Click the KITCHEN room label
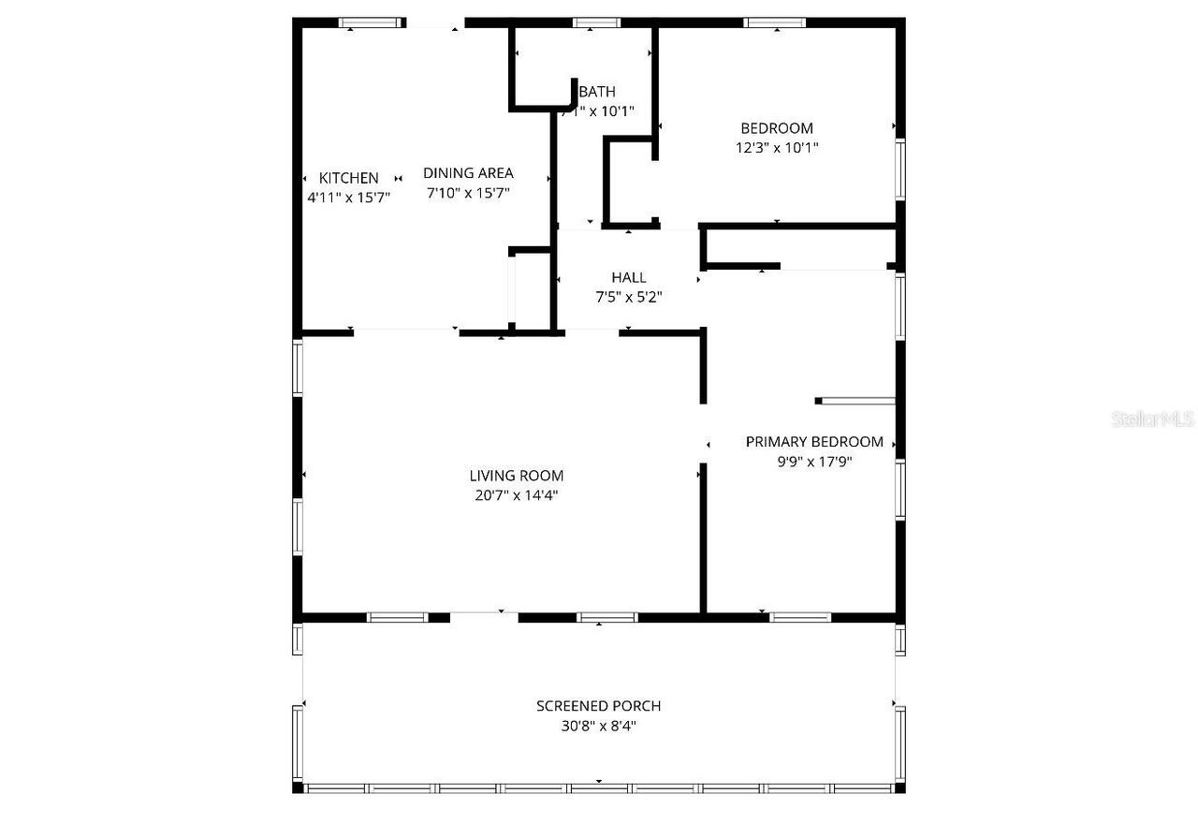349,178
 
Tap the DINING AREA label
468,172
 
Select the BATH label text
597,92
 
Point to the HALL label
629,277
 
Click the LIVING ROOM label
517,476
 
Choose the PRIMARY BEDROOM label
814,442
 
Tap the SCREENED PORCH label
598,706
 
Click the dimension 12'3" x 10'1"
777,147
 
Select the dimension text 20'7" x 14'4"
517,495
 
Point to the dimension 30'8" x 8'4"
598,726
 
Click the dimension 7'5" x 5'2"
629,297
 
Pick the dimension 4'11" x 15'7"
348,197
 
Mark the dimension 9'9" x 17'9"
814,462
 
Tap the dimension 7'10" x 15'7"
469,192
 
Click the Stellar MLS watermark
1153,419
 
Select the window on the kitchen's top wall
372,22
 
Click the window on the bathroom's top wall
597,22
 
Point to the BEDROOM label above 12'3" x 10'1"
777,128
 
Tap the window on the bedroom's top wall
775,22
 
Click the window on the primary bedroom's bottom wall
800,617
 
